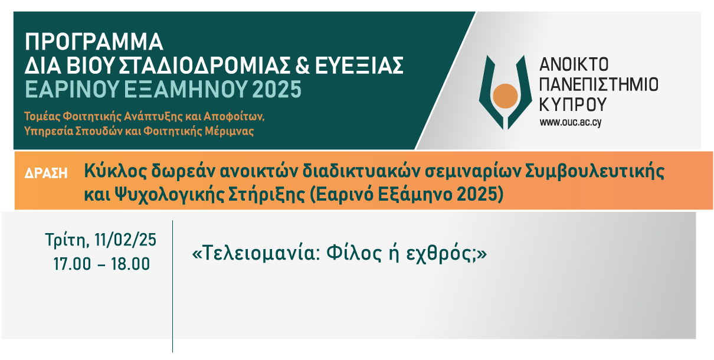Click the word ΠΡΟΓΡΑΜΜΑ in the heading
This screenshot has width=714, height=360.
click(x=94, y=42)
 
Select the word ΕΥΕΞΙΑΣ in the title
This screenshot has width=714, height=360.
click(x=359, y=66)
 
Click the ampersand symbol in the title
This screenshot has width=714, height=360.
click(x=303, y=66)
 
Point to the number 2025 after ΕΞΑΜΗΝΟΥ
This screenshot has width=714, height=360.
click(x=277, y=89)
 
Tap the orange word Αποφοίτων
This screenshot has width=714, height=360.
click(x=234, y=116)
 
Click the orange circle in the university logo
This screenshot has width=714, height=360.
click(x=505, y=96)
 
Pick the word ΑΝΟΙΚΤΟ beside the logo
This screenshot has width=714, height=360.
click(x=574, y=65)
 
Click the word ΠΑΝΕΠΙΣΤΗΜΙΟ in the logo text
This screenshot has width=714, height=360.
click(x=598, y=84)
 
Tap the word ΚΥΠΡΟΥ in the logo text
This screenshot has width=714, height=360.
click(x=572, y=104)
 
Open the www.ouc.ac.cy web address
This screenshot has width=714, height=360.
click(x=571, y=122)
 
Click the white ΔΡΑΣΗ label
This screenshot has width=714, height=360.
click(x=46, y=174)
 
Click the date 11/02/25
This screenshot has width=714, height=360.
click(x=125, y=240)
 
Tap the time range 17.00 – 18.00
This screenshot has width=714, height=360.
click(x=101, y=264)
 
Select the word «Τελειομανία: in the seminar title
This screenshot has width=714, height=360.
click(x=256, y=253)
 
